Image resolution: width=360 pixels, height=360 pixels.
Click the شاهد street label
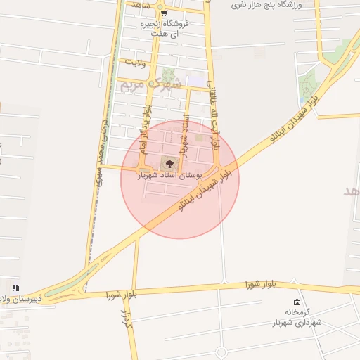click(140, 4)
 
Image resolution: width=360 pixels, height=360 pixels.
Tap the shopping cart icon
click(163, 13)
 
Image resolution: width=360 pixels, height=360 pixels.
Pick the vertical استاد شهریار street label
click(186, 136)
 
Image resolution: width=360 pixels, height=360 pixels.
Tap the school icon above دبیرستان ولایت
click(15, 288)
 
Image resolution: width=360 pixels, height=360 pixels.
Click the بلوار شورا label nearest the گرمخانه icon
click(260, 284)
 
